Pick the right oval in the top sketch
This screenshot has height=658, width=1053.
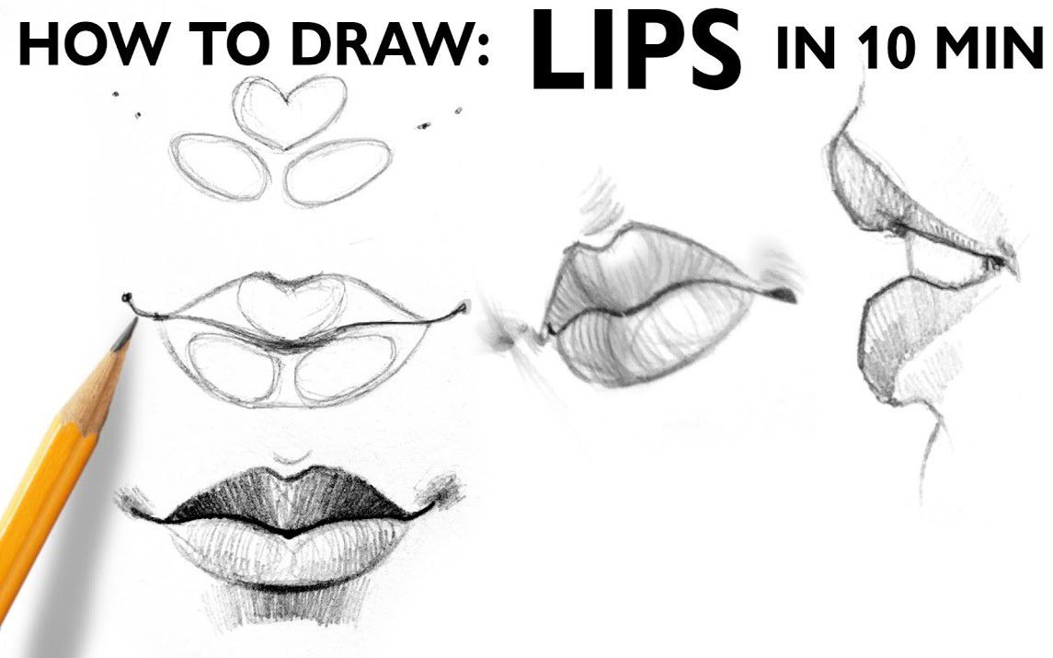point(338,171)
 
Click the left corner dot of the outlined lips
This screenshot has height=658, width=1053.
point(126,298)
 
